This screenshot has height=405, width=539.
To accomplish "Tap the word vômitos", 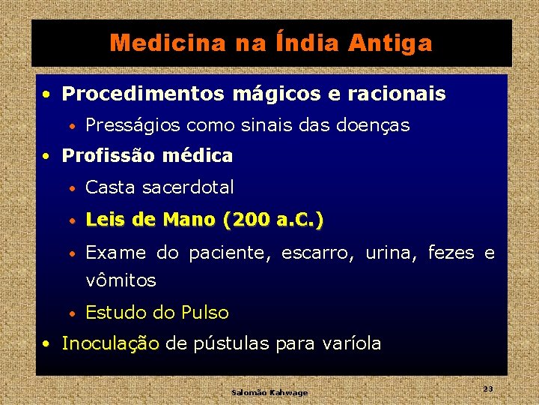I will (121, 281).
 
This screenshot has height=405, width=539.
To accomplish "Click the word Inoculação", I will (111, 344).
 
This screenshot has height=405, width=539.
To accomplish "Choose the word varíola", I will (350, 344).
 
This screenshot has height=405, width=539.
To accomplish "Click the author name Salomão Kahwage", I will (269, 392).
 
